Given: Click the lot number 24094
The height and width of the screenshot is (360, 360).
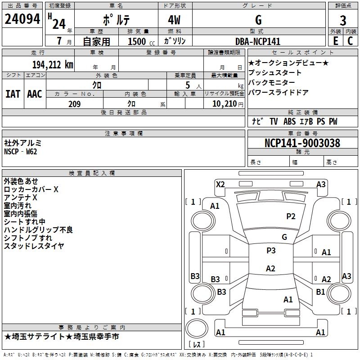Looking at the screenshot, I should point(22,19).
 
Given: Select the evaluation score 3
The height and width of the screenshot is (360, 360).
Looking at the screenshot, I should point(343,20).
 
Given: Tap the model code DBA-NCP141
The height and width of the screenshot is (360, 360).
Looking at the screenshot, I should point(257,41).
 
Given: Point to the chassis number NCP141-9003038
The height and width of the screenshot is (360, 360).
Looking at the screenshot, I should point(302,143).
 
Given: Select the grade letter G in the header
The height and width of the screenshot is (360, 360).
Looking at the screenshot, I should point(258,20).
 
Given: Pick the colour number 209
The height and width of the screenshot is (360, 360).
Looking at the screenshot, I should point(74,104).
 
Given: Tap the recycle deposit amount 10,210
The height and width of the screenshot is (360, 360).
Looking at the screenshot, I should point(224,104).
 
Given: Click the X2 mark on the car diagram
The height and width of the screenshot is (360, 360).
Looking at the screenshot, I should point(220,184).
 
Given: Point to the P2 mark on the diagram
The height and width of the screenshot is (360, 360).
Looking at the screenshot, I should point(291,216).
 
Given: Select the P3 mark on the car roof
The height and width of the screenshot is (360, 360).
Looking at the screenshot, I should point(271,251).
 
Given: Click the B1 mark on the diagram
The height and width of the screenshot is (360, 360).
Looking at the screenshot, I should point(320,292).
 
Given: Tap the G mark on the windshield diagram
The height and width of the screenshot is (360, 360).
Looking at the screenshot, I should point(284,237).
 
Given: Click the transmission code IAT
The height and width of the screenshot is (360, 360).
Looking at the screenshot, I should point(13,94).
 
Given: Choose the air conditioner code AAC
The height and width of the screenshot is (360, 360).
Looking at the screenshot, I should point(35,94).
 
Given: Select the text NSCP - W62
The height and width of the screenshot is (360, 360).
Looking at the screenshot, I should point(21,151).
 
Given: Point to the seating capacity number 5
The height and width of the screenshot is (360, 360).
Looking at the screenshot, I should point(186,85).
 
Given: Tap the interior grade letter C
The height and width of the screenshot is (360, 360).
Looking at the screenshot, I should point(350,41).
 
